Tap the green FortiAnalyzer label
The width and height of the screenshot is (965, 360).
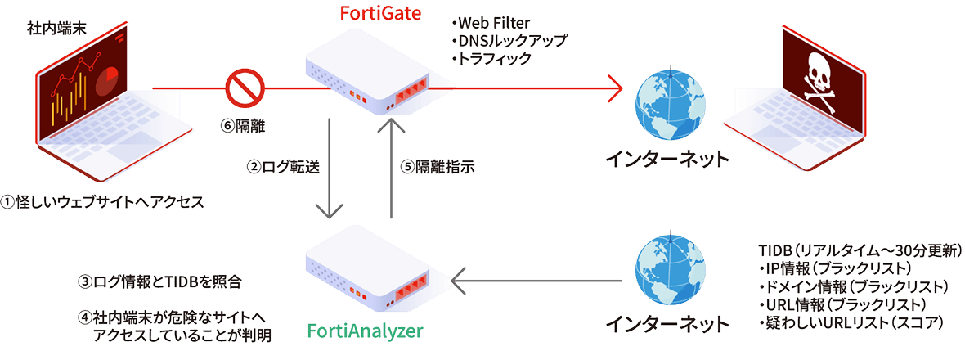point(366,331)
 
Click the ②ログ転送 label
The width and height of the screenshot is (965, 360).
point(283,165)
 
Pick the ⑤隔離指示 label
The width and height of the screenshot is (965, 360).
point(437,165)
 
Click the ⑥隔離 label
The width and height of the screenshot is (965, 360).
point(244,127)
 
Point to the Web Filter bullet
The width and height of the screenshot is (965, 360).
point(493,23)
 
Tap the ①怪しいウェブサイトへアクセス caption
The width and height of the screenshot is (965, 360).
point(101,202)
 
